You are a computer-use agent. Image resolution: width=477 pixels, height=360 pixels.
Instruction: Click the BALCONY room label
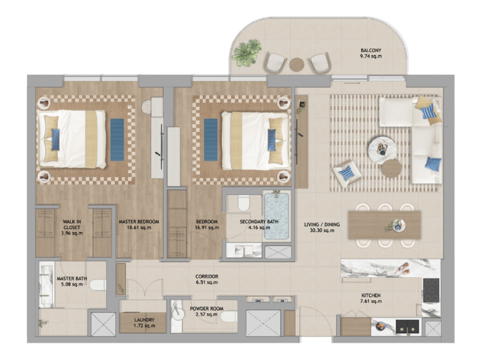click(x=371, y=50)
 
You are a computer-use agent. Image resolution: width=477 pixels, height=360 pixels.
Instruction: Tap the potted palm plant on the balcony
click(x=247, y=52)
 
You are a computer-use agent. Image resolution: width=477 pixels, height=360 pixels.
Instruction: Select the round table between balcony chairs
click(x=296, y=65)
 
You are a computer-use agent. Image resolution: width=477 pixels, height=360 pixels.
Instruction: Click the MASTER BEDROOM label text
click(x=139, y=222)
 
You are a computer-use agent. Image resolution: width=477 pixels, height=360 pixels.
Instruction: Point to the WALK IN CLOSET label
click(x=72, y=224)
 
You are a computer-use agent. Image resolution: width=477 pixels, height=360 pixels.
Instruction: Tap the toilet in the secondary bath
click(x=244, y=203)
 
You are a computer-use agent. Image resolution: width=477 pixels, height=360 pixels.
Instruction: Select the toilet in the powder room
click(x=229, y=316)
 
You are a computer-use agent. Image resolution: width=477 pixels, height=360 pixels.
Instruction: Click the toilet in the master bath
click(x=98, y=285)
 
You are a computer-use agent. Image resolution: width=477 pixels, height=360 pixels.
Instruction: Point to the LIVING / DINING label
click(x=322, y=224)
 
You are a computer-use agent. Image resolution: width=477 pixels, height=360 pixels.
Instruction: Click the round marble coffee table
click(x=382, y=151)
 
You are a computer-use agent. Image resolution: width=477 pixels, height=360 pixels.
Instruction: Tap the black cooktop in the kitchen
click(x=431, y=290)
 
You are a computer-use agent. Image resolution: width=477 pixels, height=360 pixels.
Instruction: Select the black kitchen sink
click(x=407, y=326)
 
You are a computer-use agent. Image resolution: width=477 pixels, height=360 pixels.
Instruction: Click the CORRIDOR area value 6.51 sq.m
click(x=207, y=283)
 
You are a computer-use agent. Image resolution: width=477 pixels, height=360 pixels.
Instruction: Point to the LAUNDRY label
click(x=145, y=320)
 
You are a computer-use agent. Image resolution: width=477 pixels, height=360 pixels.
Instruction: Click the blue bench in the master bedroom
click(x=117, y=140)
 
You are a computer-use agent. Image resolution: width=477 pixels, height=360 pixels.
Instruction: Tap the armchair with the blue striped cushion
click(x=346, y=173)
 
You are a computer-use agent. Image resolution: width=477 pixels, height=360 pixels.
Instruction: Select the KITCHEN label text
click(x=371, y=295)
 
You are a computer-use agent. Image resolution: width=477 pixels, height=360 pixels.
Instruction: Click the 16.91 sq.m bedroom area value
click(x=207, y=227)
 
